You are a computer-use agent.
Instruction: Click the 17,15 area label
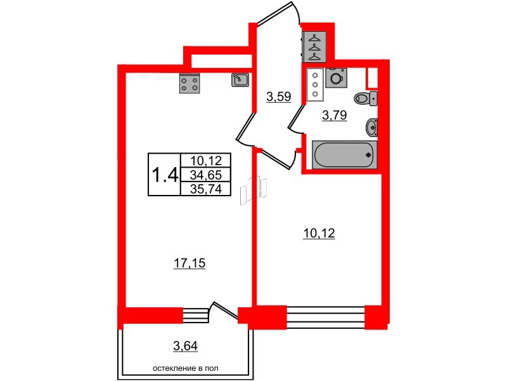(x=189, y=264)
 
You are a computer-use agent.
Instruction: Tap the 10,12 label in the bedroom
(x=319, y=233)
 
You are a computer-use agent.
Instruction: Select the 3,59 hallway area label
(x=279, y=97)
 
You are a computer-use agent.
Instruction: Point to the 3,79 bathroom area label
(x=335, y=115)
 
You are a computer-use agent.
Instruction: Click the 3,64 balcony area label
(x=185, y=346)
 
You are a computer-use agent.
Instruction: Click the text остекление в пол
(x=185, y=368)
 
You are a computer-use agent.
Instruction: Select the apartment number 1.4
(x=165, y=175)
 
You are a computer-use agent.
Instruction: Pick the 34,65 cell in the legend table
(x=205, y=175)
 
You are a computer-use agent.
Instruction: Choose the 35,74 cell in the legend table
(x=205, y=189)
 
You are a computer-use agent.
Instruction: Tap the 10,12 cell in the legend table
(x=205, y=161)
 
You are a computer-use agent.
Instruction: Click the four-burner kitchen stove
(x=189, y=83)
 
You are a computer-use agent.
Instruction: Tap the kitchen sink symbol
(x=240, y=80)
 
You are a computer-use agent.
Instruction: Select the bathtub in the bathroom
(x=345, y=155)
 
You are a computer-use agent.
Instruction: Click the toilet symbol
(x=366, y=98)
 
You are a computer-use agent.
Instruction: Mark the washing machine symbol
(x=337, y=77)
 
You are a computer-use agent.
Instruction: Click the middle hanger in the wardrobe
(x=314, y=47)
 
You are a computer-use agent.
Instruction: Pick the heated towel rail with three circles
(x=315, y=85)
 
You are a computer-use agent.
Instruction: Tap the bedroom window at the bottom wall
(x=326, y=317)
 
